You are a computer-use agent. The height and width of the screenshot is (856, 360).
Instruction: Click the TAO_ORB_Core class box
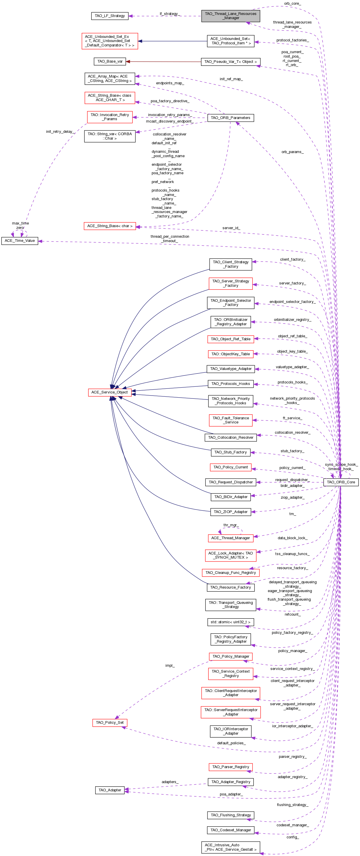[341, 482]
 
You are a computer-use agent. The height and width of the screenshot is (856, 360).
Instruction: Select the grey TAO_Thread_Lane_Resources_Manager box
[230, 16]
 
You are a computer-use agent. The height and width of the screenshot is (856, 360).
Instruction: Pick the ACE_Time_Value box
[20, 241]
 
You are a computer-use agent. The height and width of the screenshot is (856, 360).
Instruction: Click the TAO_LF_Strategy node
[110, 16]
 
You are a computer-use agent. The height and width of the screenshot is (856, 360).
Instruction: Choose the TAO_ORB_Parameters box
[230, 118]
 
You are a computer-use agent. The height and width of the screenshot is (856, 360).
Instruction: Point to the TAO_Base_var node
[110, 61]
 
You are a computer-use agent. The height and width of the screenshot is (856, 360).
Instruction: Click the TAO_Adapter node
[110, 790]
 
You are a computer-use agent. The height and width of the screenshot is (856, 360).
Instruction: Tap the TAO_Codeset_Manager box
[230, 830]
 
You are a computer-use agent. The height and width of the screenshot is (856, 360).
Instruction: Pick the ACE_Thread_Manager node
[230, 538]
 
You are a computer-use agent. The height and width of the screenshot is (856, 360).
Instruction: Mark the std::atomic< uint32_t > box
[230, 622]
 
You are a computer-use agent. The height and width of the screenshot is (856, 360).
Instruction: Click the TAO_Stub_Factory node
[230, 452]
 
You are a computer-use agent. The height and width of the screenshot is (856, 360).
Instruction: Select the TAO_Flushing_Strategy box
[230, 815]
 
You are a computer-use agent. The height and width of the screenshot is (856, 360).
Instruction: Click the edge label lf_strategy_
[170, 14]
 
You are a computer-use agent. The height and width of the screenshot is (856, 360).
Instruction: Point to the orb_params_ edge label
[292, 152]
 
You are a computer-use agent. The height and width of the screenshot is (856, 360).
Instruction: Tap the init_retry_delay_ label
[60, 132]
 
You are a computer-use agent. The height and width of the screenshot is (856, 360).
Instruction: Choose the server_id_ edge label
[231, 228]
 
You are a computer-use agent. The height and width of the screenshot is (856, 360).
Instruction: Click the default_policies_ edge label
[231, 743]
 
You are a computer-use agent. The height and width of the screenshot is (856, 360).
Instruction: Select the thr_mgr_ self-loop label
[230, 525]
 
